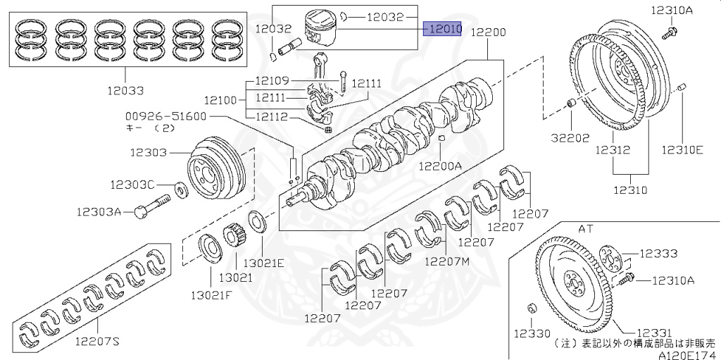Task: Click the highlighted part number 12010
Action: (442, 29)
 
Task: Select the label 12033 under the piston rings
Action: (125, 90)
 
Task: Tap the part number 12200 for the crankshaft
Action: (488, 32)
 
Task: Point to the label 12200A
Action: (440, 166)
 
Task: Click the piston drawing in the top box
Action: (321, 30)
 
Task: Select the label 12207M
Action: (446, 261)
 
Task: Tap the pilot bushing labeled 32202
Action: (572, 106)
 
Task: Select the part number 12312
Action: (612, 150)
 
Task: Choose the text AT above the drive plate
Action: (586, 229)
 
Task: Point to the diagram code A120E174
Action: (689, 355)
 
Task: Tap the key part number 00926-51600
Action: (165, 116)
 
